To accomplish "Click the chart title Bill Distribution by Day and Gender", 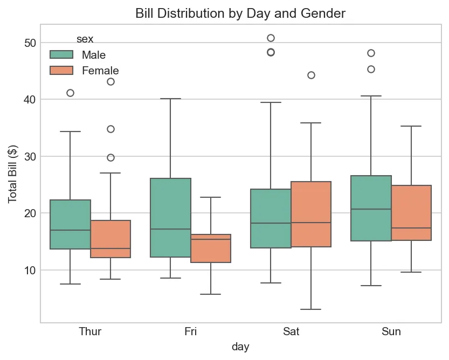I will [240, 13].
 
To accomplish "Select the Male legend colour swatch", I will [61, 54].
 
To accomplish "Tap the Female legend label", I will [100, 71].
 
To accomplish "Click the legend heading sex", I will [85, 39].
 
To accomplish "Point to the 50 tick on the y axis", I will [30, 43].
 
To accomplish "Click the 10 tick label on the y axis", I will [30, 270].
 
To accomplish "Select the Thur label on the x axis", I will [90, 331].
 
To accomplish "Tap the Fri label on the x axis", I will [190, 331].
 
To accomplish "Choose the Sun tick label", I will [391, 331].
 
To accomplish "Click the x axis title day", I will [240, 347].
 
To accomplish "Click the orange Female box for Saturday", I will [311, 214].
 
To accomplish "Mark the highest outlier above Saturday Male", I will [271, 38].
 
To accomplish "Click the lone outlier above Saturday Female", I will [311, 75].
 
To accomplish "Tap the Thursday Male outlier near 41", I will [70, 93].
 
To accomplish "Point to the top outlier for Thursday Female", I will [110, 81].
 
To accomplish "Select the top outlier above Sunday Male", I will [371, 53].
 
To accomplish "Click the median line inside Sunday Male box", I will [371, 209].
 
